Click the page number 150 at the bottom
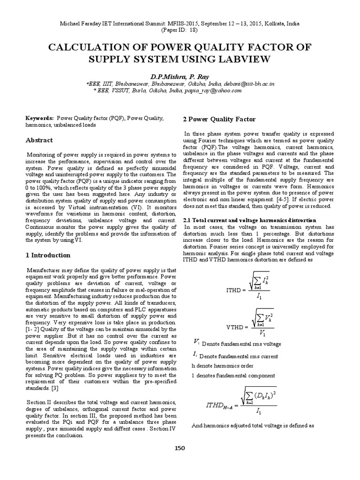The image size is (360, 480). (180, 448)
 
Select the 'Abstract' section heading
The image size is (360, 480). (39, 140)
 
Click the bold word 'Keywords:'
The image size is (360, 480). (39, 119)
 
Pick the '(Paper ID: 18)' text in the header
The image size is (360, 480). (180, 30)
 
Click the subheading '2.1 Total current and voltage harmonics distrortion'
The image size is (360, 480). (249, 220)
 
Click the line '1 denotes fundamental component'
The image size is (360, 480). (227, 375)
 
